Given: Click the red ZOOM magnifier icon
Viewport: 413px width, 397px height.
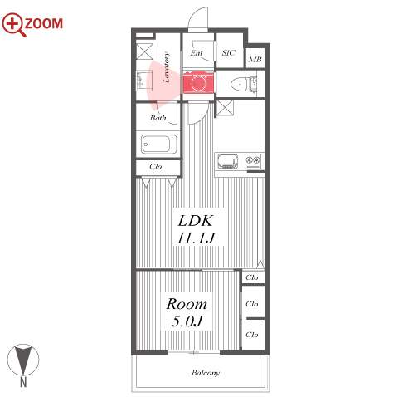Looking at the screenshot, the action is (x=12, y=24).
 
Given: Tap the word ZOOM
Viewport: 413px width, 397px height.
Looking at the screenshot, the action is (x=44, y=23).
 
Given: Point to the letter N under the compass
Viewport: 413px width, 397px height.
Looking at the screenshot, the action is (x=23, y=382).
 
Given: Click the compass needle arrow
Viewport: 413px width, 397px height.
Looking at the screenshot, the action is (x=22, y=360).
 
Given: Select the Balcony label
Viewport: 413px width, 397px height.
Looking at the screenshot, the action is (x=206, y=373).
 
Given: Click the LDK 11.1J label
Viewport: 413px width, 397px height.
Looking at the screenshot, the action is (x=196, y=229).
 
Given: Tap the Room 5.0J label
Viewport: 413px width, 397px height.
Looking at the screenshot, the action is (x=187, y=312).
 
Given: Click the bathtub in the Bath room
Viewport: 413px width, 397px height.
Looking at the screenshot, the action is (x=159, y=144).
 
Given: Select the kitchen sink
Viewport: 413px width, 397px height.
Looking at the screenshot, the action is (x=228, y=161).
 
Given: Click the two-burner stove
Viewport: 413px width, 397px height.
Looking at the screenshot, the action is (x=253, y=161).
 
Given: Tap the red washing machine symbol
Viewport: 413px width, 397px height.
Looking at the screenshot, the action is (x=198, y=82).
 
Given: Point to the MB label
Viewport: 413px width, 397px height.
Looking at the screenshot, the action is (x=255, y=59).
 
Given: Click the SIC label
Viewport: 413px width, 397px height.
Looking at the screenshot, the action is (x=229, y=52).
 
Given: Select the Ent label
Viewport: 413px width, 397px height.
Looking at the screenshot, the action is (x=197, y=52).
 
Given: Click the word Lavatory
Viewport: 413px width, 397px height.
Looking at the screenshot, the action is (x=167, y=67).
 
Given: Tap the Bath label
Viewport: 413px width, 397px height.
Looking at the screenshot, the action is (x=158, y=118).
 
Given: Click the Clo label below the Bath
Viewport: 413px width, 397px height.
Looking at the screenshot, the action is (x=155, y=167).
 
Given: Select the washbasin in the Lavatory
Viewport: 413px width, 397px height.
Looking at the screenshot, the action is (x=144, y=81).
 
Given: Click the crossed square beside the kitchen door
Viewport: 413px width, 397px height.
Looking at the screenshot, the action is (x=225, y=108).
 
